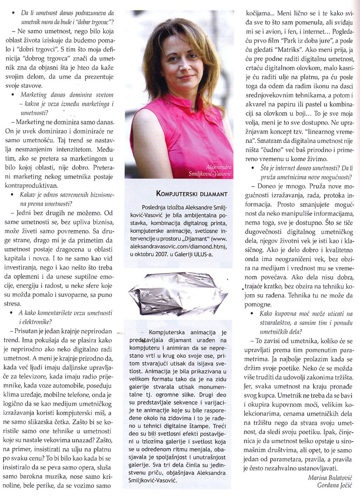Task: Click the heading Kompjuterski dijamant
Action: [192, 194]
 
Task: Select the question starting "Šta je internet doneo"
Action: [304, 172]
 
